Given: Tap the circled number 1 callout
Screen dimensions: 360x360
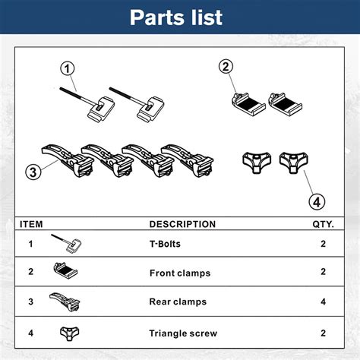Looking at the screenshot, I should (70, 69).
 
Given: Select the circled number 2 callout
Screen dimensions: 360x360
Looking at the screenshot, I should (226, 67).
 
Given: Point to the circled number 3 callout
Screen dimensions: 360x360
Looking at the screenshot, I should (32, 172).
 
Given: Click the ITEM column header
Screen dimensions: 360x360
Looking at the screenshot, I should (30, 225).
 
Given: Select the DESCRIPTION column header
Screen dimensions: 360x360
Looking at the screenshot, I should (182, 225).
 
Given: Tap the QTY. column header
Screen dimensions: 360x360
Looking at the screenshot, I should (324, 225).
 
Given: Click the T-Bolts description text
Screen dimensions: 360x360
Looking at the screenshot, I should (166, 245).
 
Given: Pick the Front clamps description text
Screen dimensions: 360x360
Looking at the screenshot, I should (179, 272).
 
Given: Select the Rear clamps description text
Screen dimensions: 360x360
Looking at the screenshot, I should (178, 302).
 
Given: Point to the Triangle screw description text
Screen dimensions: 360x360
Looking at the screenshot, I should (183, 333).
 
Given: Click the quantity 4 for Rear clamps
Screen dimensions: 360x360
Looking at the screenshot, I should (324, 302).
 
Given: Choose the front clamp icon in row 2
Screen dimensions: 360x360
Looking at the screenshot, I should (66, 270).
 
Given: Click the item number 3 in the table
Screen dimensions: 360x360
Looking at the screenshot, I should (30, 302).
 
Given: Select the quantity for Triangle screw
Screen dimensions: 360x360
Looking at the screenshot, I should (324, 333).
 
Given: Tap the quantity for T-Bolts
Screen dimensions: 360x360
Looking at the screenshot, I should (324, 245).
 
